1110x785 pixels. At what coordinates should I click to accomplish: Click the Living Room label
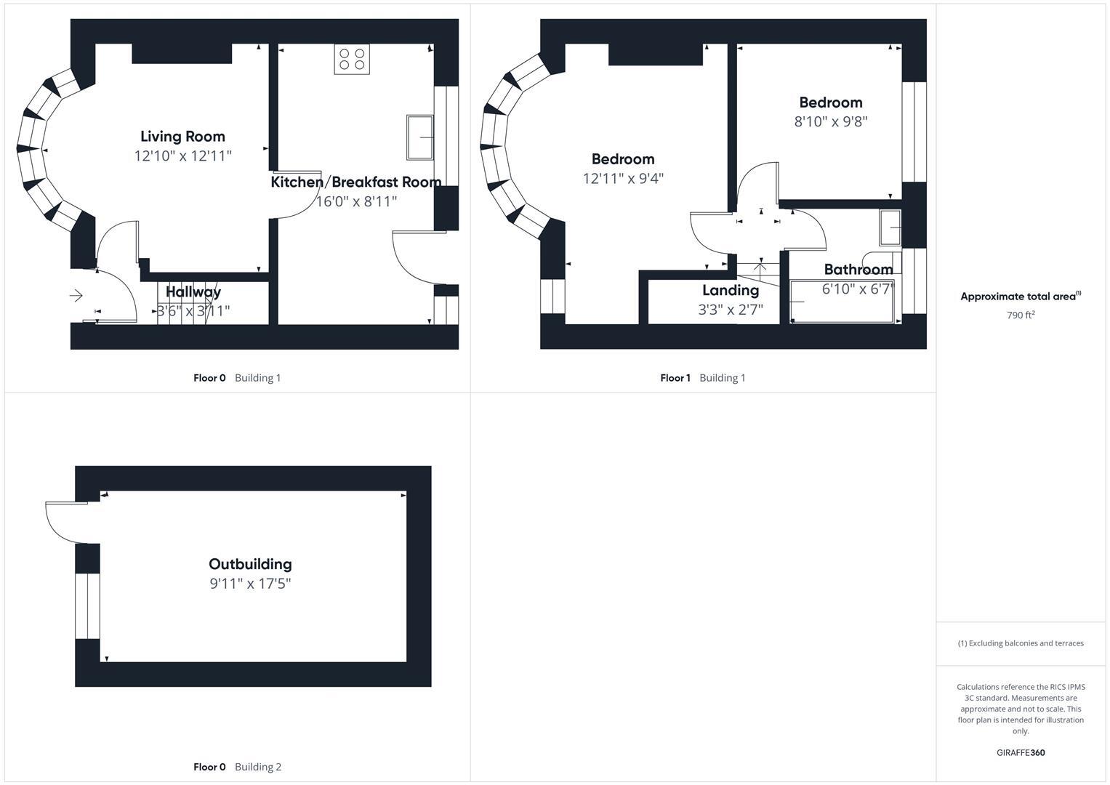click(182, 137)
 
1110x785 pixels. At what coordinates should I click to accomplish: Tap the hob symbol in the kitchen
click(352, 59)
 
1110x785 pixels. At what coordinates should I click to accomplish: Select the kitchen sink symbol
click(419, 137)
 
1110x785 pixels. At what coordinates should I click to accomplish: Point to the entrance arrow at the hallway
click(76, 296)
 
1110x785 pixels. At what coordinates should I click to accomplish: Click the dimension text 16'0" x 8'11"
click(356, 201)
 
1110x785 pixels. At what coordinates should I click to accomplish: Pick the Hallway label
click(193, 291)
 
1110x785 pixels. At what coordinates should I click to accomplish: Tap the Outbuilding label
click(250, 564)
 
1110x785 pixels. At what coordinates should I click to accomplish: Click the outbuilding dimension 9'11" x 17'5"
click(250, 584)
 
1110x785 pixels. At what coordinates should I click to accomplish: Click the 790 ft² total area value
click(1021, 315)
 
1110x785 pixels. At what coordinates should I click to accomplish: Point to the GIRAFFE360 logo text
click(1021, 752)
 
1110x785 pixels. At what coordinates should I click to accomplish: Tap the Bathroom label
click(858, 270)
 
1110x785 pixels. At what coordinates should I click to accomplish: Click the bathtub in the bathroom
click(841, 302)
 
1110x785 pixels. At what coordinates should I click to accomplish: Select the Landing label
click(731, 290)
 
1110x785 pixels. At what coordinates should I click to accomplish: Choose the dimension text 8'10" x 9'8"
click(831, 121)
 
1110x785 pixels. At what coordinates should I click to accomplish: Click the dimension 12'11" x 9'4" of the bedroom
click(623, 178)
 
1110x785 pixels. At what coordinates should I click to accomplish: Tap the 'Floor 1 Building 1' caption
click(702, 378)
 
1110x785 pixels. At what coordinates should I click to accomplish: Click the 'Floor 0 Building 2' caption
click(237, 767)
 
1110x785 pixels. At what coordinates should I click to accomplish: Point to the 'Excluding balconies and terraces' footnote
click(1021, 643)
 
